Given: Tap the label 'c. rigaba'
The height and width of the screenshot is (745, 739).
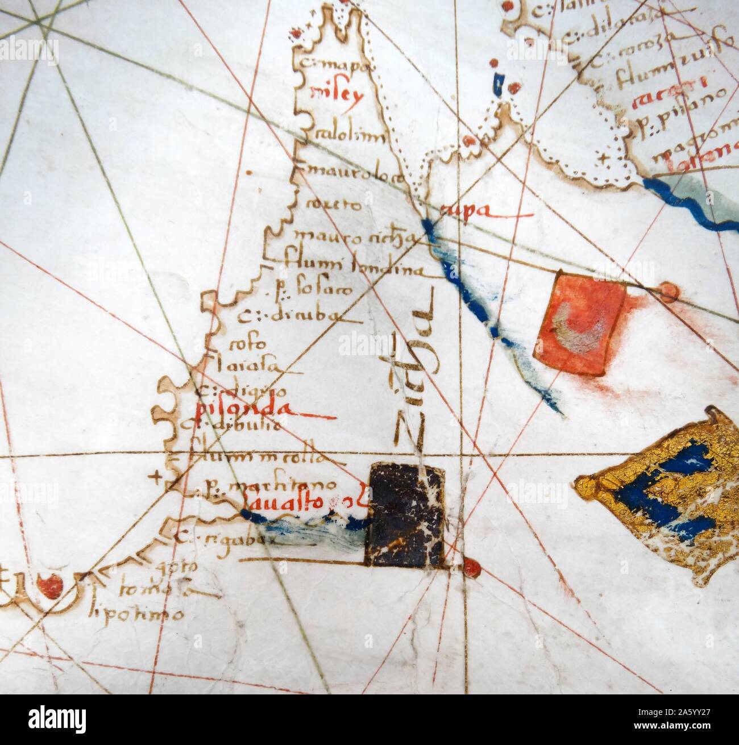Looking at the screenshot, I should point(227,538).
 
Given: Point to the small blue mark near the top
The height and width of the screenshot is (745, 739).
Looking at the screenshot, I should point(498,84).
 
